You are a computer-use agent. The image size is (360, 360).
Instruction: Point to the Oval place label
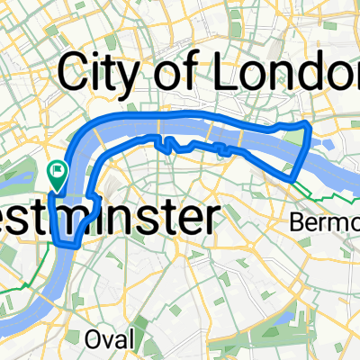[x=112, y=338]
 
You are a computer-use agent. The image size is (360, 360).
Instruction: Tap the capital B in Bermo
[x=298, y=220]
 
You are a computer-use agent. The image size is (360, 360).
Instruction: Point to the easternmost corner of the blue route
[x=310, y=123]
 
